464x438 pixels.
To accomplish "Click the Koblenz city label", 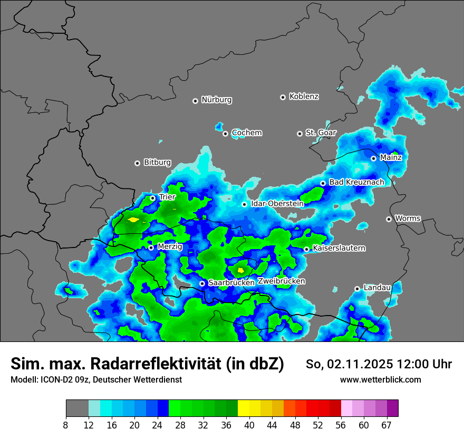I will [x=304, y=97].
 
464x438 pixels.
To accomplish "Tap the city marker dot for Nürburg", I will [x=195, y=100].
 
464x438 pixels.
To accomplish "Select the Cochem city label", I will [x=246, y=133].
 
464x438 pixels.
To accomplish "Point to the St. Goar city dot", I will [x=299, y=134].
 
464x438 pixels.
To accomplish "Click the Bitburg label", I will [x=157, y=163].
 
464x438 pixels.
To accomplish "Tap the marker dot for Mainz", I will [x=373, y=158].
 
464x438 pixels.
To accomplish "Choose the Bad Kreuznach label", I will [x=356, y=182].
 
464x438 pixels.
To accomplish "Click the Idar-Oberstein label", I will [x=277, y=204].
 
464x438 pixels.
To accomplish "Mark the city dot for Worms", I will [x=389, y=219].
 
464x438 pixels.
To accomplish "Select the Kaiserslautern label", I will [x=339, y=248].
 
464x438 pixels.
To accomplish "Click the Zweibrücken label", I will [x=281, y=281].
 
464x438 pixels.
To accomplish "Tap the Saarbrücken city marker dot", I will [x=202, y=283].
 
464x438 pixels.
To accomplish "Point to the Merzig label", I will [x=170, y=246].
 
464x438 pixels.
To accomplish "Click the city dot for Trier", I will [x=153, y=198].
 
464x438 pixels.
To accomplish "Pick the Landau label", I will [x=377, y=288].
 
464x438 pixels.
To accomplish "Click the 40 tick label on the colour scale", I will [x=249, y=425].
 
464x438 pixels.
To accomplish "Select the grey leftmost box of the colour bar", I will [x=77, y=408].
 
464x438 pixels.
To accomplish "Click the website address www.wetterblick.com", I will [x=380, y=379].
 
